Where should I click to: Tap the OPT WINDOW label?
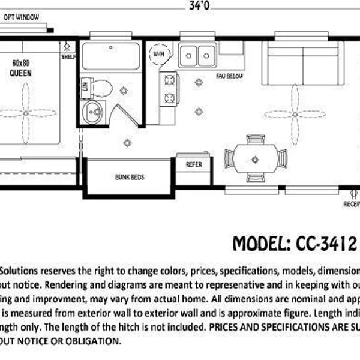point(22,17)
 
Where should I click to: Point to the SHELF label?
point(68,57)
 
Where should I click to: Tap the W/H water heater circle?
point(159,53)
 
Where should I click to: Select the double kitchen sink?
point(198,55)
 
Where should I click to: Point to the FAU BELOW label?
point(229,77)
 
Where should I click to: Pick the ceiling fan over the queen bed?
point(25,109)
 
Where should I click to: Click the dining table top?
point(255,160)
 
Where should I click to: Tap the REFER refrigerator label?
point(193,164)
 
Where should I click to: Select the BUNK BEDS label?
point(130,178)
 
